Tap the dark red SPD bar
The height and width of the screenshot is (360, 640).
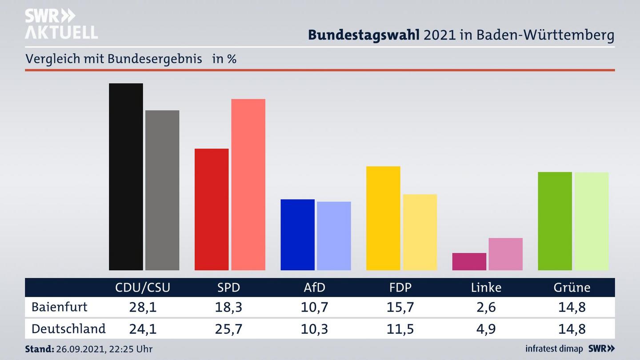click(x=212, y=209)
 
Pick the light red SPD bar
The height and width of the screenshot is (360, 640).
click(x=248, y=184)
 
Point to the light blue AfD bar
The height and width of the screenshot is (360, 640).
click(x=334, y=236)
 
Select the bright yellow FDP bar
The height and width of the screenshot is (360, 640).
click(x=383, y=218)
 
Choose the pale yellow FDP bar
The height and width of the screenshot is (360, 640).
click(x=420, y=232)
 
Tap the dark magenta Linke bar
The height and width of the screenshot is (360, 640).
click(x=469, y=261)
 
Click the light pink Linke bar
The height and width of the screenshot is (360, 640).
click(x=505, y=254)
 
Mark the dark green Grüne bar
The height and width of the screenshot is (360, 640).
click(x=555, y=221)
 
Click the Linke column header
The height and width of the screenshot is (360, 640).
click(x=486, y=288)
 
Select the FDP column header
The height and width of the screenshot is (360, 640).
click(x=400, y=288)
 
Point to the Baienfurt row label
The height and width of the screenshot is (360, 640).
click(x=60, y=307)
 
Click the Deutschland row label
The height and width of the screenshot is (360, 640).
click(x=68, y=329)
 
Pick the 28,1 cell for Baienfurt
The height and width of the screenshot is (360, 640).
click(x=143, y=307)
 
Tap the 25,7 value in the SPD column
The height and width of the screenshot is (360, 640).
click(x=228, y=329)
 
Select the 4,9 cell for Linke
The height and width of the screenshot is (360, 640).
click(x=486, y=329)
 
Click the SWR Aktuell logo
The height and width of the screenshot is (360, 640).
click(x=61, y=24)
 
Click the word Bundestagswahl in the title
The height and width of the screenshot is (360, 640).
click(x=364, y=35)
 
